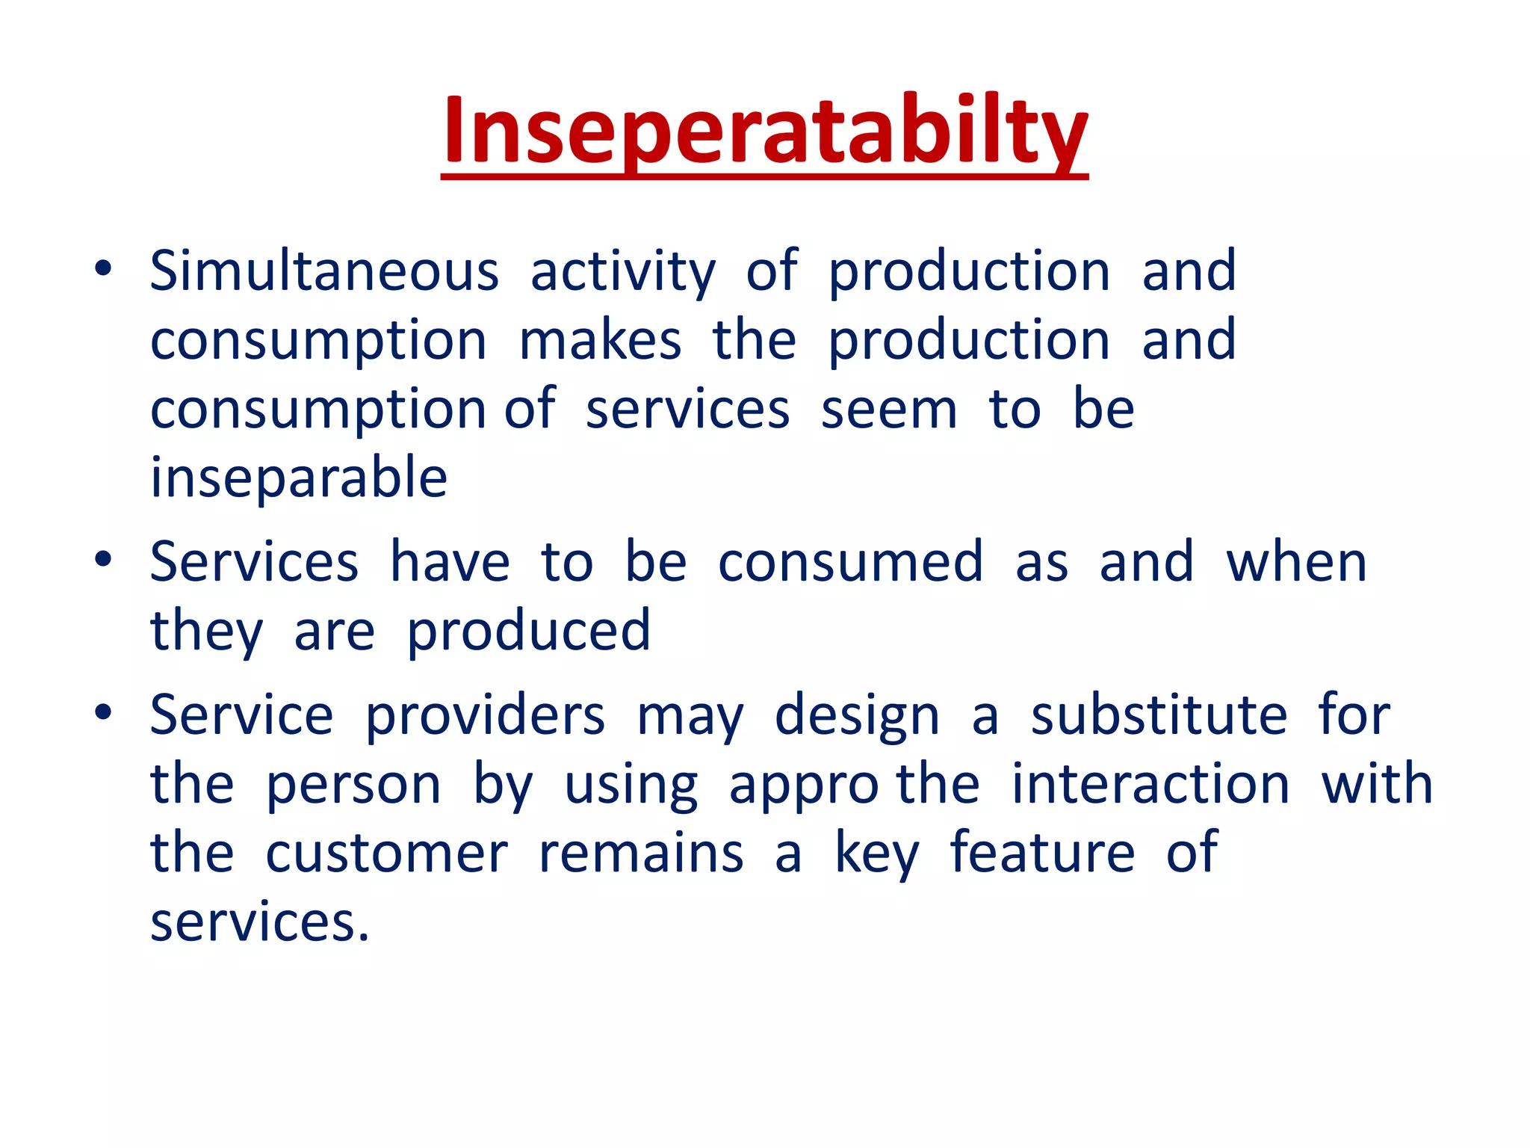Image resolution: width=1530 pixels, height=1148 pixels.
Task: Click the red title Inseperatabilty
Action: [764, 131]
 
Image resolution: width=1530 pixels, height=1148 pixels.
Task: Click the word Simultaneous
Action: [324, 271]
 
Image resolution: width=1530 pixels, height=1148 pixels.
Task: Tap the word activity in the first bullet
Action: [623, 272]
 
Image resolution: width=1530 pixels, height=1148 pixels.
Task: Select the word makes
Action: [600, 340]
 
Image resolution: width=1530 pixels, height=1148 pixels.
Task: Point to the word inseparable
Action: [299, 478]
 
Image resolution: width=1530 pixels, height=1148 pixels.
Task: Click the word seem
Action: [889, 410]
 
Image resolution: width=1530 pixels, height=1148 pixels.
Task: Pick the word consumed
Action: [850, 562]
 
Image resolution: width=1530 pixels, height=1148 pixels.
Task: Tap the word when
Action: [1296, 562]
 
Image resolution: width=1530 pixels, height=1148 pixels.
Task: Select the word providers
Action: [485, 716]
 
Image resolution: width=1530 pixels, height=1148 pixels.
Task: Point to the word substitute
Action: [1159, 715]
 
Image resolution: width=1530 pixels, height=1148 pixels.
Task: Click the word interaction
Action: [1150, 784]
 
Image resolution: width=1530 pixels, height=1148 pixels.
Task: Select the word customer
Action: [386, 854]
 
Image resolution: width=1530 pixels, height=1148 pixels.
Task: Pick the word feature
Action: [1042, 853]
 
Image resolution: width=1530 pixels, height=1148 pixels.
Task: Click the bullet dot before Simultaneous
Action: [103, 268]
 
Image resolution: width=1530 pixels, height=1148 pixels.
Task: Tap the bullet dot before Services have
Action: [103, 560]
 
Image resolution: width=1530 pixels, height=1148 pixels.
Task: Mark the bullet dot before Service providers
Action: [103, 713]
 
